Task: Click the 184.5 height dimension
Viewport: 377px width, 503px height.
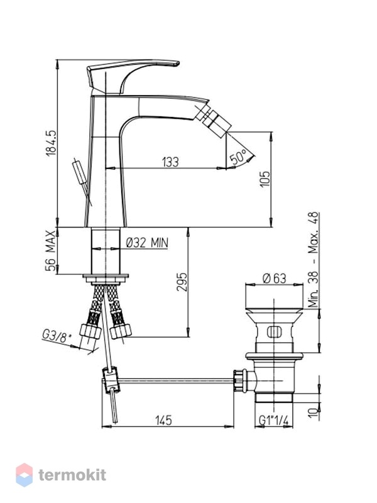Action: tap(51, 143)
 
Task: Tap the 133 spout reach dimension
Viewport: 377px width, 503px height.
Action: tap(170, 162)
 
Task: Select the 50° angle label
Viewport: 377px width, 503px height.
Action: tap(239, 157)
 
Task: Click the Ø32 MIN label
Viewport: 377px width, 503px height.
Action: tap(147, 243)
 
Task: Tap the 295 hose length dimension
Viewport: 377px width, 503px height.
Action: tap(182, 282)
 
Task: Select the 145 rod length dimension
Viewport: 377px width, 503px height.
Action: tap(163, 420)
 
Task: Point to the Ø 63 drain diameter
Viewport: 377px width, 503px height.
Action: tap(274, 279)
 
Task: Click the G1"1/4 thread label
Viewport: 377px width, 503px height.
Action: tap(273, 420)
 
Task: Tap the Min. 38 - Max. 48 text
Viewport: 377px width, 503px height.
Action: tap(313, 260)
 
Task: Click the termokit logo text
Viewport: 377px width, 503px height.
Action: tap(72, 475)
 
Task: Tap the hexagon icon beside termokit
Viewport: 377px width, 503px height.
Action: tap(25, 475)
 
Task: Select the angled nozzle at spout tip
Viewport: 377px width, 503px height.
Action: tap(213, 119)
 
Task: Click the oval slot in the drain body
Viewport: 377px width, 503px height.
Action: tap(274, 332)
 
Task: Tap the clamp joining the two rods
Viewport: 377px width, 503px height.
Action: tap(111, 380)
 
